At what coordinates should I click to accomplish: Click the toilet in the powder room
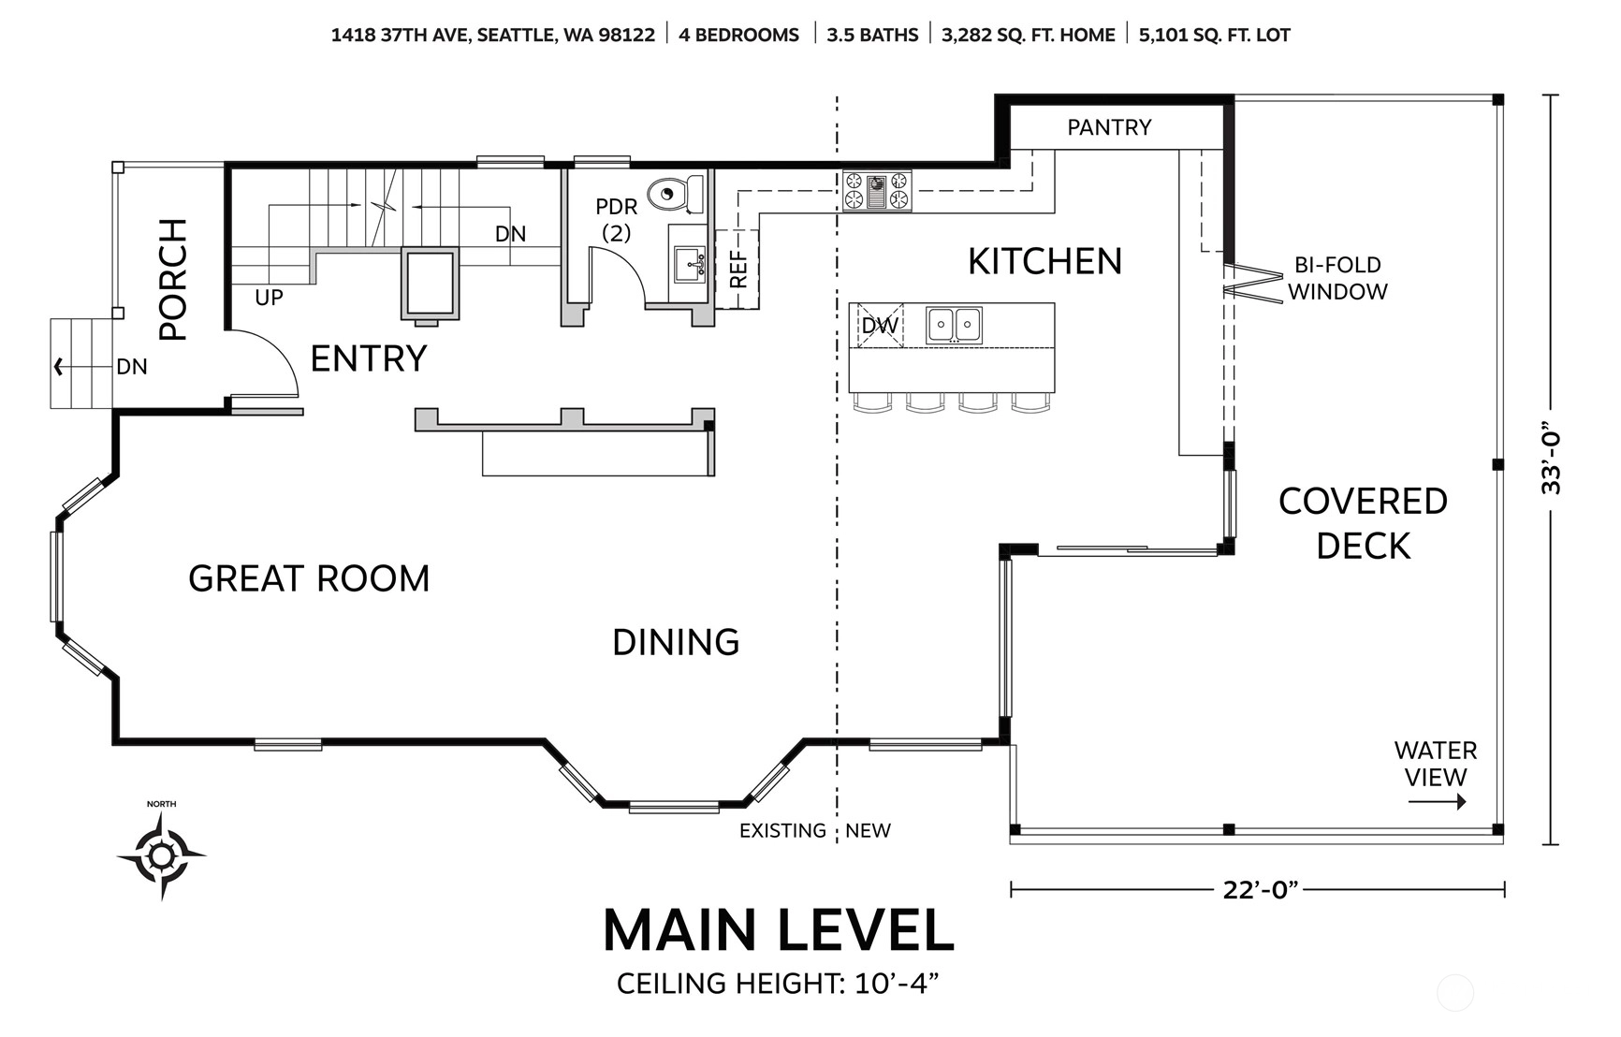(676, 194)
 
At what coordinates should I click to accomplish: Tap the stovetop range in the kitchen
(877, 190)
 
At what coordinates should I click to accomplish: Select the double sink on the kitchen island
(954, 325)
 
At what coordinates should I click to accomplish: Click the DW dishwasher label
(880, 326)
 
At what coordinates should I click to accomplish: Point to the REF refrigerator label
(738, 269)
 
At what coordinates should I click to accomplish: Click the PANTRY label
(1109, 127)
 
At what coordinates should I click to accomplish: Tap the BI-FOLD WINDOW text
(1337, 278)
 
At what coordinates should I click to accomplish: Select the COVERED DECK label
(1363, 523)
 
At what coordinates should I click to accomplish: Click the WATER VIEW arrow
(1437, 801)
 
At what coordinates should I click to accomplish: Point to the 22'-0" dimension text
(1261, 889)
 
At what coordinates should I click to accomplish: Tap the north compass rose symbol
(161, 855)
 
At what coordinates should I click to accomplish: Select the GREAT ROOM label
(309, 578)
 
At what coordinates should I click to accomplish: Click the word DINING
(676, 642)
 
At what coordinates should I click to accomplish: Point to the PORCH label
(173, 279)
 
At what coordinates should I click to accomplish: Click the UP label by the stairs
(269, 298)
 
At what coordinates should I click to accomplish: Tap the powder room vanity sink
(690, 264)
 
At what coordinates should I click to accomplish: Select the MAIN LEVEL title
(778, 930)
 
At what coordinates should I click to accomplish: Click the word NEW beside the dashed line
(868, 830)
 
